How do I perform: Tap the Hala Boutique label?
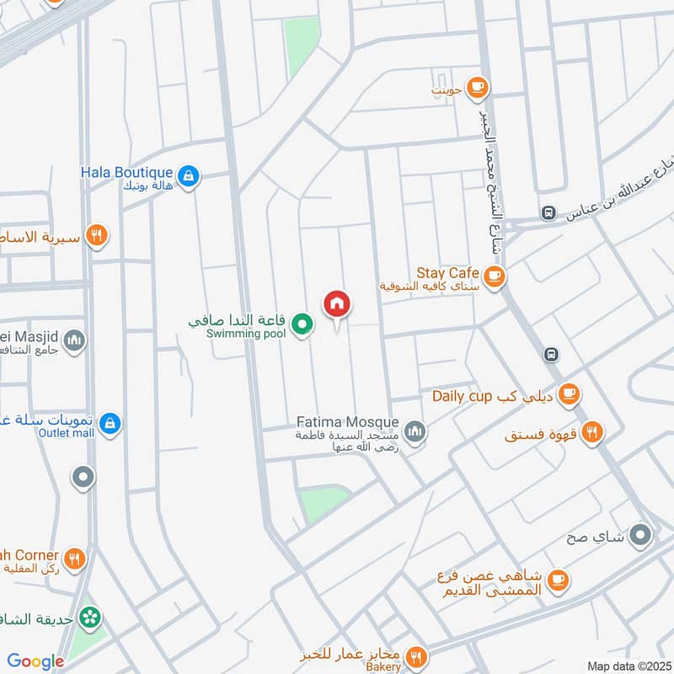pos(126,172)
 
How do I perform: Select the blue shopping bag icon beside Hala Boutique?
pos(190,175)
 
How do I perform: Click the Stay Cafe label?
pos(447,273)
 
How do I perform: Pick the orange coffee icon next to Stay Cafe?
pos(495,275)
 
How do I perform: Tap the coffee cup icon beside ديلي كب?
pos(570,393)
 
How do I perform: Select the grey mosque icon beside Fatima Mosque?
pos(414,432)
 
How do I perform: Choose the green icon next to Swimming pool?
pos(303,322)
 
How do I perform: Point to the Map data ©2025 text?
pos(628,666)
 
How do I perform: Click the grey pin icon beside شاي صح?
pos(641,534)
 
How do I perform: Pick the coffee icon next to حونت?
pos(478,87)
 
